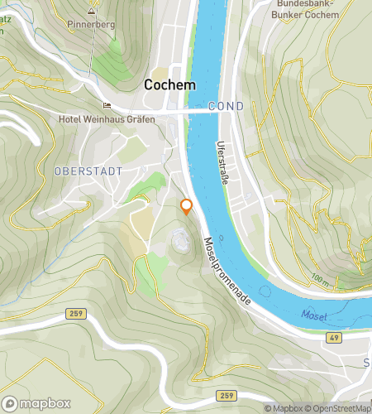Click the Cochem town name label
169,84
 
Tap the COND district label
226,107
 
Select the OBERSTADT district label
88,171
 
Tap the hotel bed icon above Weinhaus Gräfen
105,105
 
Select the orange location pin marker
187,207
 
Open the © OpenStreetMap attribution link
339,408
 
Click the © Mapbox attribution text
284,408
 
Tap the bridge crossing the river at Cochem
198,108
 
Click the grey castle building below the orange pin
179,240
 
